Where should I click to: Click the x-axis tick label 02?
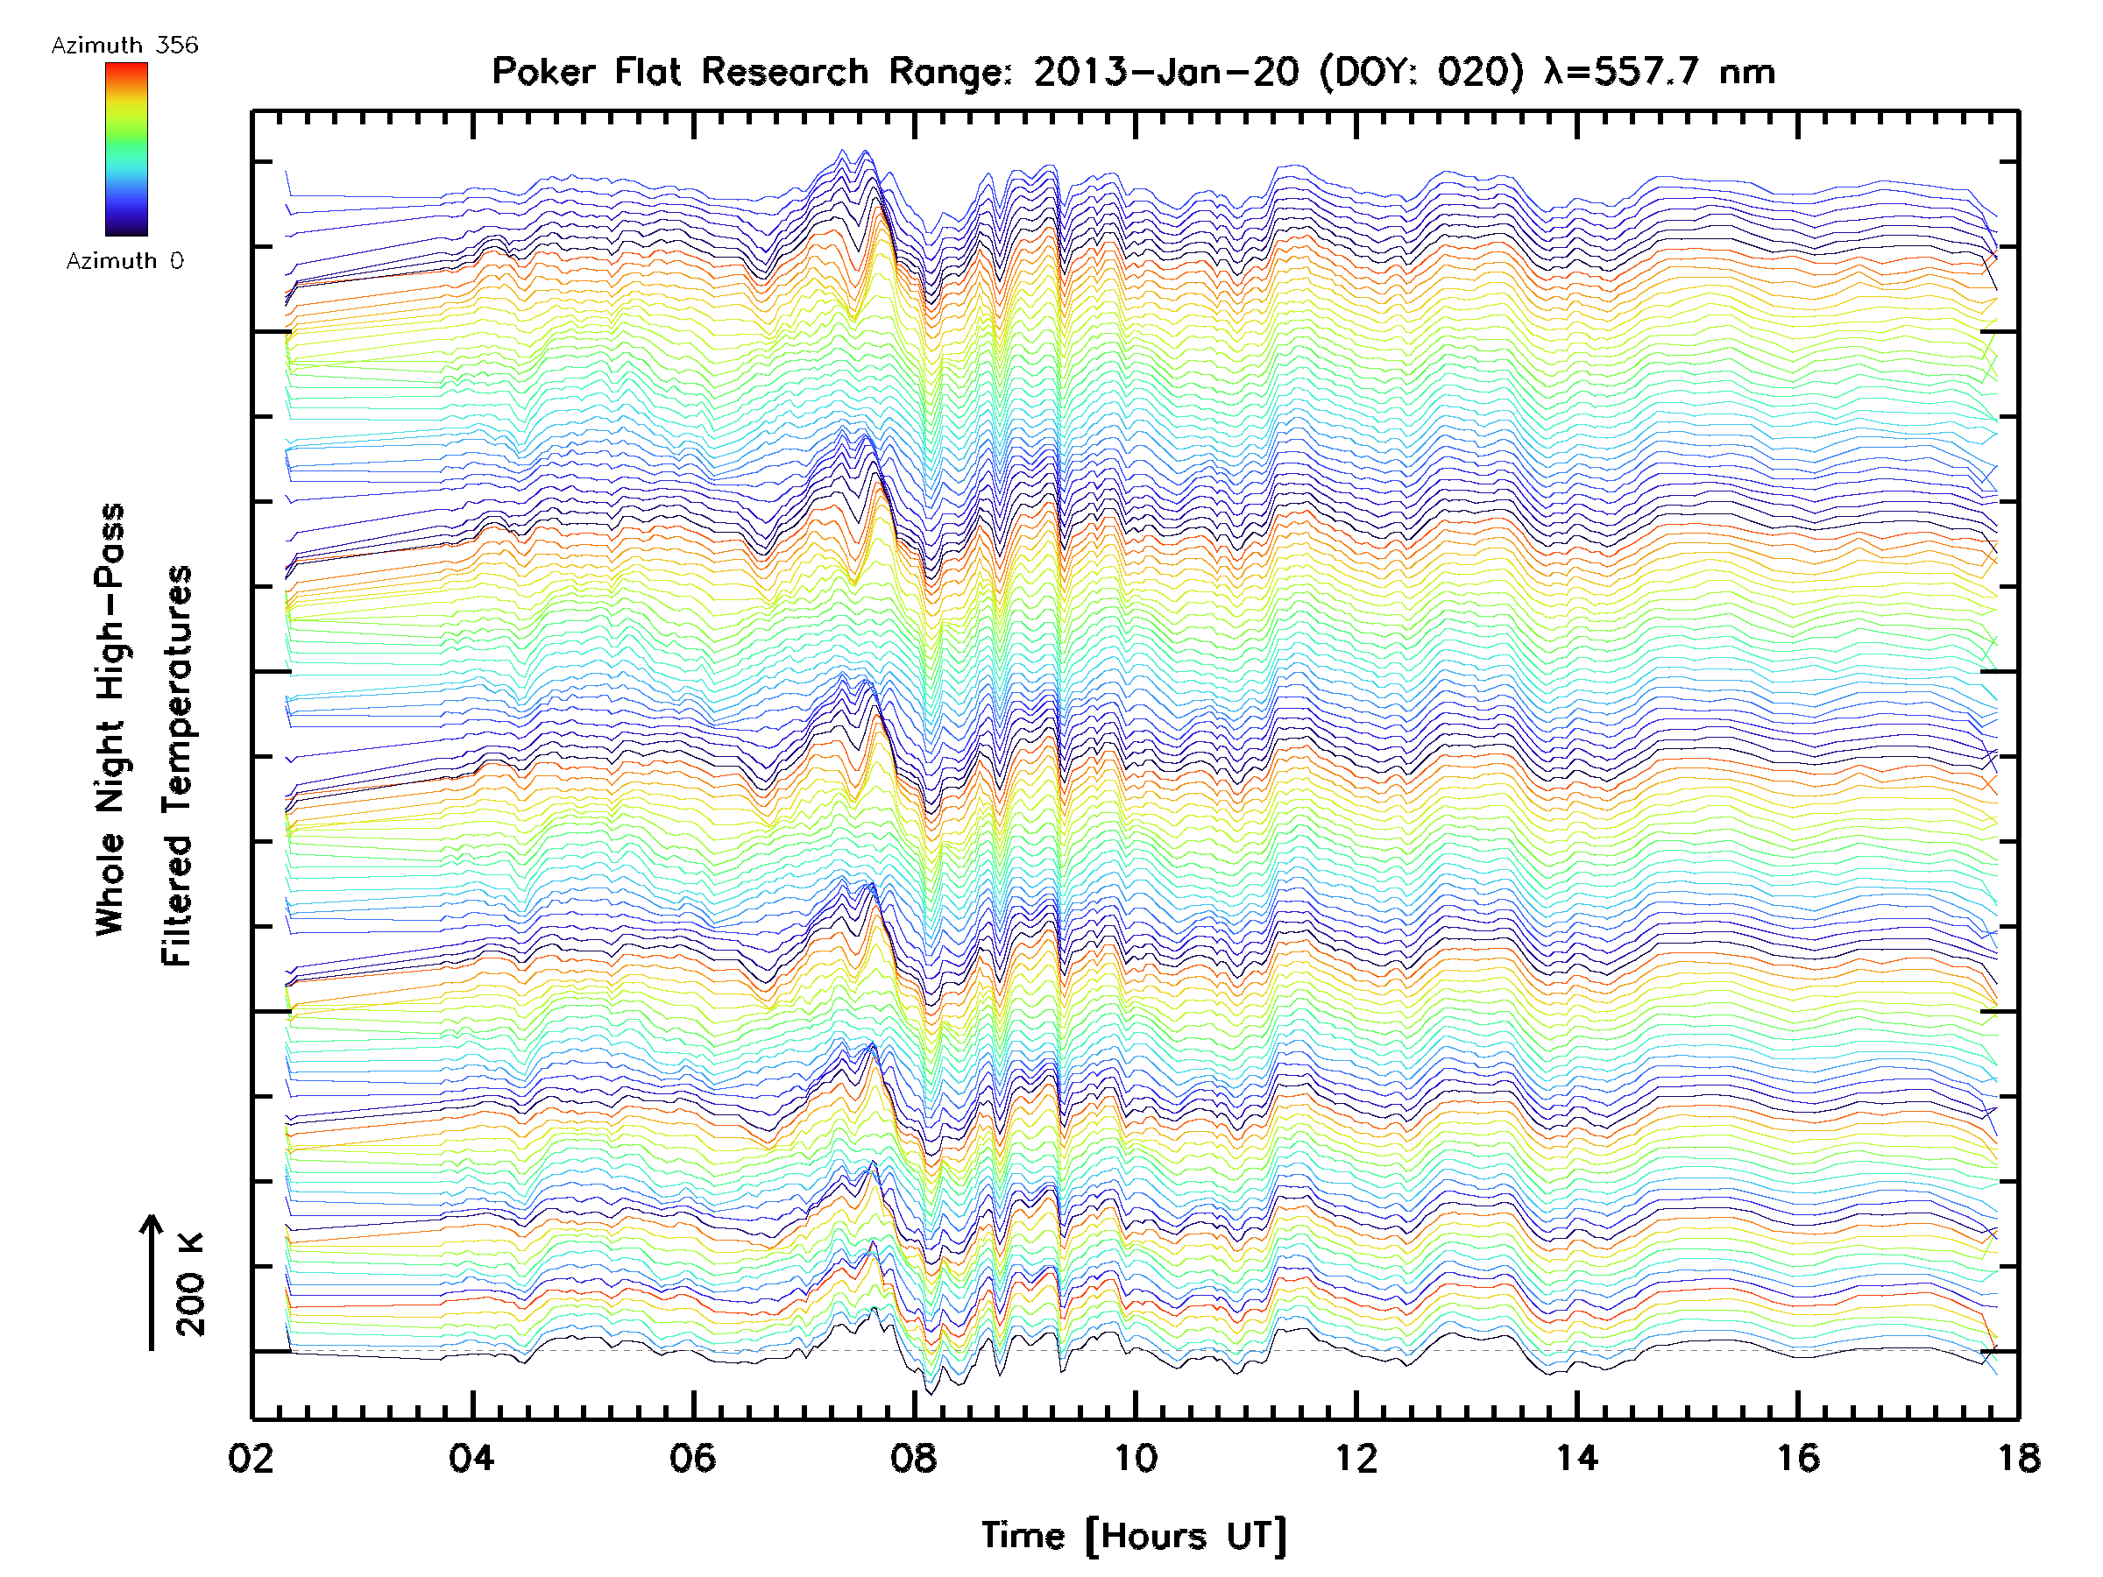[251, 1457]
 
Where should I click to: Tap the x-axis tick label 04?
[471, 1457]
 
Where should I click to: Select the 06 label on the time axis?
[692, 1457]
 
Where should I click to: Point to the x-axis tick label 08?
[914, 1457]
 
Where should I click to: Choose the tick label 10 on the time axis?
[1134, 1457]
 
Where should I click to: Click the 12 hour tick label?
[1356, 1457]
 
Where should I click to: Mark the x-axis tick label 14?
[1576, 1457]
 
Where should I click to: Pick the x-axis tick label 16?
[1798, 1457]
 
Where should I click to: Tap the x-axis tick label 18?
[2018, 1457]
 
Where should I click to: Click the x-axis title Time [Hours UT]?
[1133, 1536]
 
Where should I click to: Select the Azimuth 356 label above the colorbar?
[124, 46]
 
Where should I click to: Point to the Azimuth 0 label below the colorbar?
[124, 260]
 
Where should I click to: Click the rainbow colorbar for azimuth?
[126, 149]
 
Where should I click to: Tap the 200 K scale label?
[190, 1284]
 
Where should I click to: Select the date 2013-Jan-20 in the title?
[1165, 72]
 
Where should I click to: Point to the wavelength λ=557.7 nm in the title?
[1660, 72]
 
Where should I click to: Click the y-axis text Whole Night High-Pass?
[110, 719]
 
